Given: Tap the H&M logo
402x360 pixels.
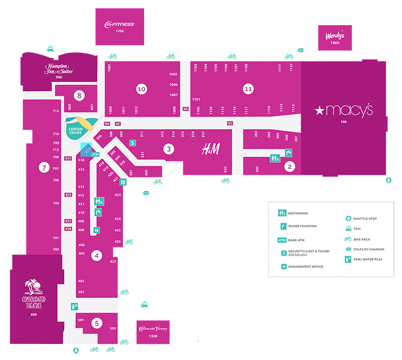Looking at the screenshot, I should coord(210,149).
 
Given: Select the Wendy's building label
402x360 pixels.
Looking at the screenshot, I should coord(335,36).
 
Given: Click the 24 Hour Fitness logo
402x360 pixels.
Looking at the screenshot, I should coord(119,24).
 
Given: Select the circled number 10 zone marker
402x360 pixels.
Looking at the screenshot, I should coord(141,89).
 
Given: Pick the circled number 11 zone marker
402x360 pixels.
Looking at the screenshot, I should coord(248,89).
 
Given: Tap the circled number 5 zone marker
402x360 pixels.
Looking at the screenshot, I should coord(96,323).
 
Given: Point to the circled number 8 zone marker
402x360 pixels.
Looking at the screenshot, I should coord(79,95).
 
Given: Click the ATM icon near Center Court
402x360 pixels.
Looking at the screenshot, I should coord(96,154).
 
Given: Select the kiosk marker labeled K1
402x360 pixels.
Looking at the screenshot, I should coord(230,123).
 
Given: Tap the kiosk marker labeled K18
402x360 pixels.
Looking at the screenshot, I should coord(68,229).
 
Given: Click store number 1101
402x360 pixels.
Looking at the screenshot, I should coord(196,99).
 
